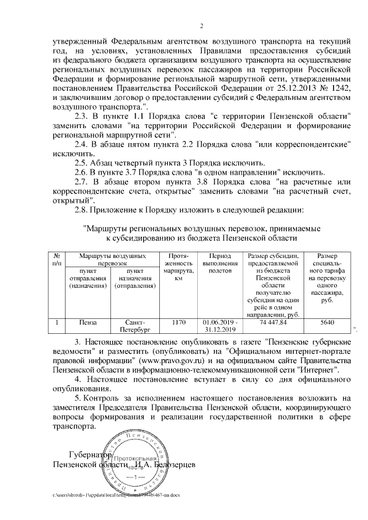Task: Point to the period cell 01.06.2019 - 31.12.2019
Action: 220,326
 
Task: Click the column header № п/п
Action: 57,259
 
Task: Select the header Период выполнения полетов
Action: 220,263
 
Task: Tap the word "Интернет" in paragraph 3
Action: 320,369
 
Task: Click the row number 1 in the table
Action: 57,322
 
